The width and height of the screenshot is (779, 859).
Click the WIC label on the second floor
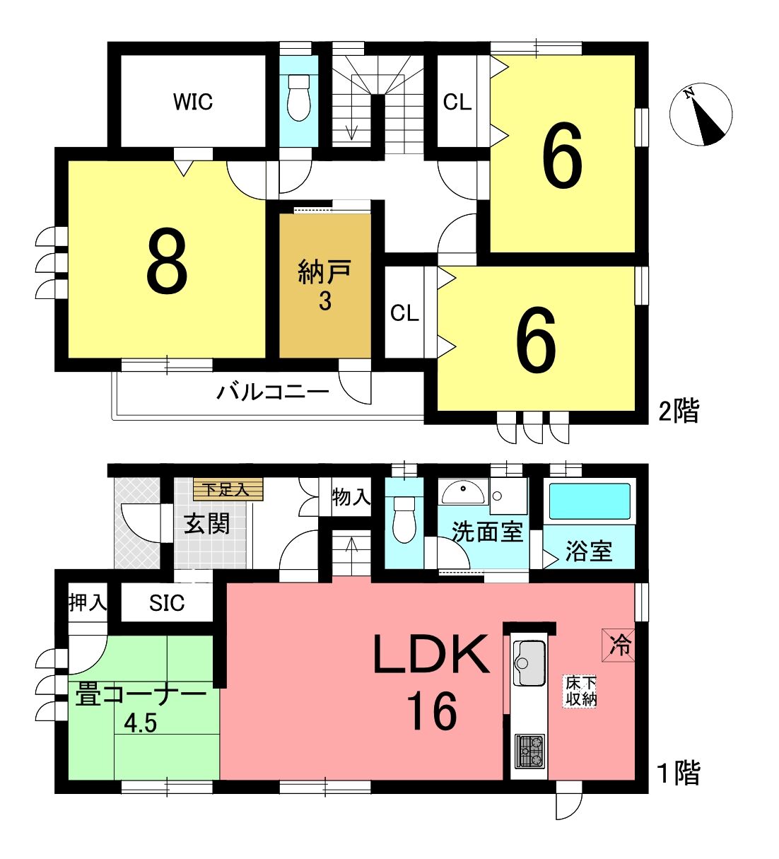(x=193, y=102)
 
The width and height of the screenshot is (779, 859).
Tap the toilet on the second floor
(x=299, y=98)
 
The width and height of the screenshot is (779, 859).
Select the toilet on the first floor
(x=404, y=520)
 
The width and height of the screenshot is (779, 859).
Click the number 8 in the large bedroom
(x=167, y=260)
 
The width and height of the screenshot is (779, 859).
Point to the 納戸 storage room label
(x=324, y=272)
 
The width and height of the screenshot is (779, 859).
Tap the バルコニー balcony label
(x=273, y=392)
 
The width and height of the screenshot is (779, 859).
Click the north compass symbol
(x=701, y=115)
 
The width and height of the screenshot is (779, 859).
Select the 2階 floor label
(x=679, y=410)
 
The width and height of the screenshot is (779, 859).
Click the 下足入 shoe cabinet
(x=228, y=490)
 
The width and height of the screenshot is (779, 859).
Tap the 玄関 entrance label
(x=207, y=524)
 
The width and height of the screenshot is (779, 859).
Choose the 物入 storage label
(x=351, y=497)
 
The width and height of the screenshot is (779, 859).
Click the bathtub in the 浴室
(x=590, y=501)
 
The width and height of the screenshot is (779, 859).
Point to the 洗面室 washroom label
(x=487, y=532)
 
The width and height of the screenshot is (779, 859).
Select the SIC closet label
(x=167, y=603)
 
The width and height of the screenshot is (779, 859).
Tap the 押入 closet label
(x=88, y=602)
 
